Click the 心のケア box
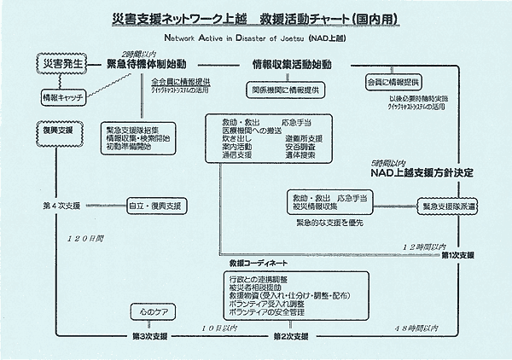pyautogui.click(x=154, y=310)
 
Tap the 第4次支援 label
pyautogui.click(x=60, y=206)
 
